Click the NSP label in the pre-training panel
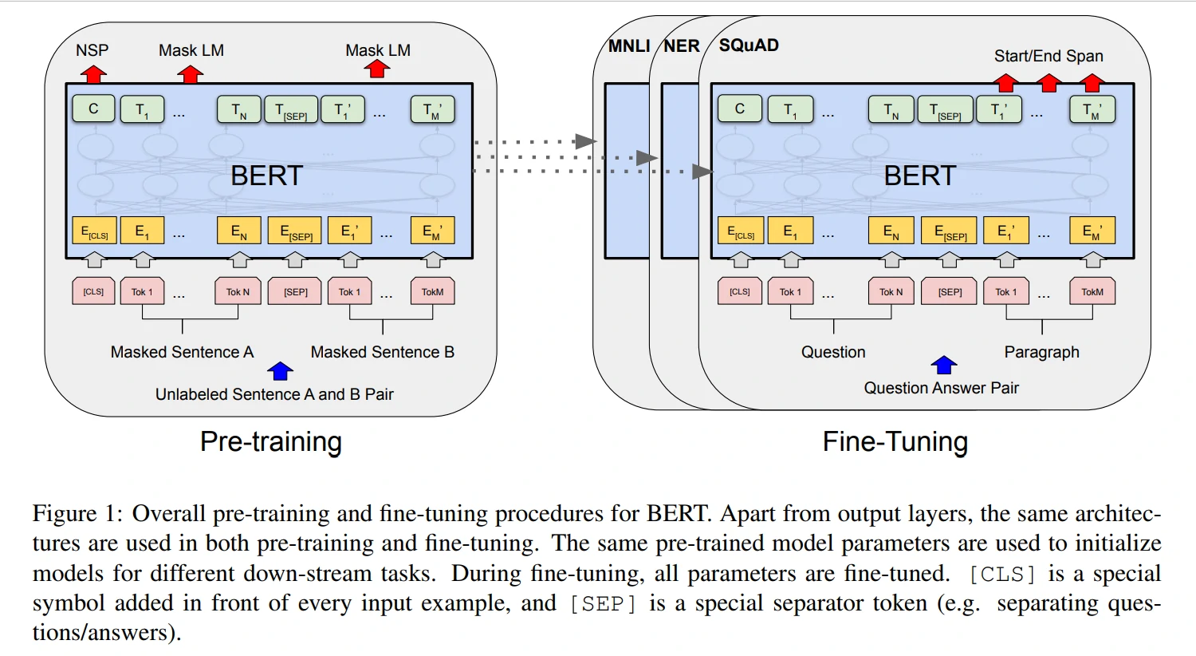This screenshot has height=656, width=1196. [92, 50]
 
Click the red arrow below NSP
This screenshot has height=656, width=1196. [93, 74]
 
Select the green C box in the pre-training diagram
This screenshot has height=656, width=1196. [93, 109]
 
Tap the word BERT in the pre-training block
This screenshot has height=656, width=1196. [266, 176]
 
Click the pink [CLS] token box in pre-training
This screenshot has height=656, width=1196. [93, 291]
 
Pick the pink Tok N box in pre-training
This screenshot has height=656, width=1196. [238, 291]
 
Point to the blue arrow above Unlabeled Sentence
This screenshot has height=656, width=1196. [280, 370]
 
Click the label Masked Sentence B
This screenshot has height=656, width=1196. [382, 352]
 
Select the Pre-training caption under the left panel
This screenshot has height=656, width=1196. [271, 441]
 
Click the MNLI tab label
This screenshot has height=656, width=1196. [629, 46]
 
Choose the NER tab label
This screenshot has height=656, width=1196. [682, 46]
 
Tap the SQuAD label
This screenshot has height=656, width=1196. [749, 45]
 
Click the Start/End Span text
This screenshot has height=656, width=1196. [1048, 56]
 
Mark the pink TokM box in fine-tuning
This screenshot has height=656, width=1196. [1092, 291]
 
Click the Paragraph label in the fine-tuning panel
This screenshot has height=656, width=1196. [1041, 352]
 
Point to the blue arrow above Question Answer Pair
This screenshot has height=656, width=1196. [944, 365]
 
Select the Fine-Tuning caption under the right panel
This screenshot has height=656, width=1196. [895, 441]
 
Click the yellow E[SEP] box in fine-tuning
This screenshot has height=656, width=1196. [950, 231]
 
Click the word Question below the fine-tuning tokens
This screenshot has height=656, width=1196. [833, 352]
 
